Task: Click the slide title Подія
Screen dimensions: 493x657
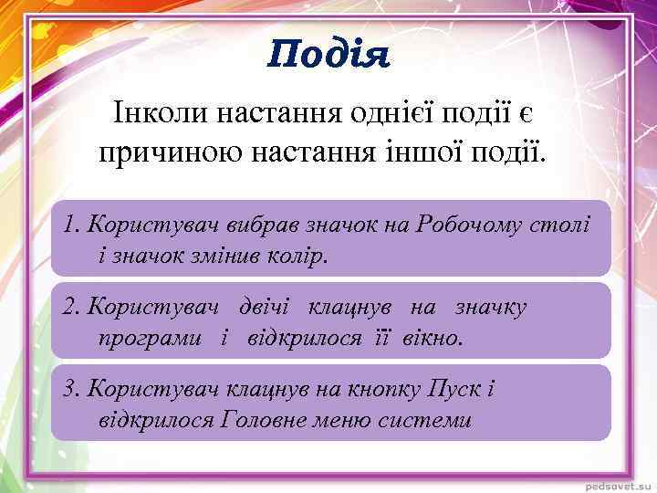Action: click(x=328, y=56)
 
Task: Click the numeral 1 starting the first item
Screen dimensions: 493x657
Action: click(x=69, y=225)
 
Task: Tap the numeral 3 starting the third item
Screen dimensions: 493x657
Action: click(x=69, y=389)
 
